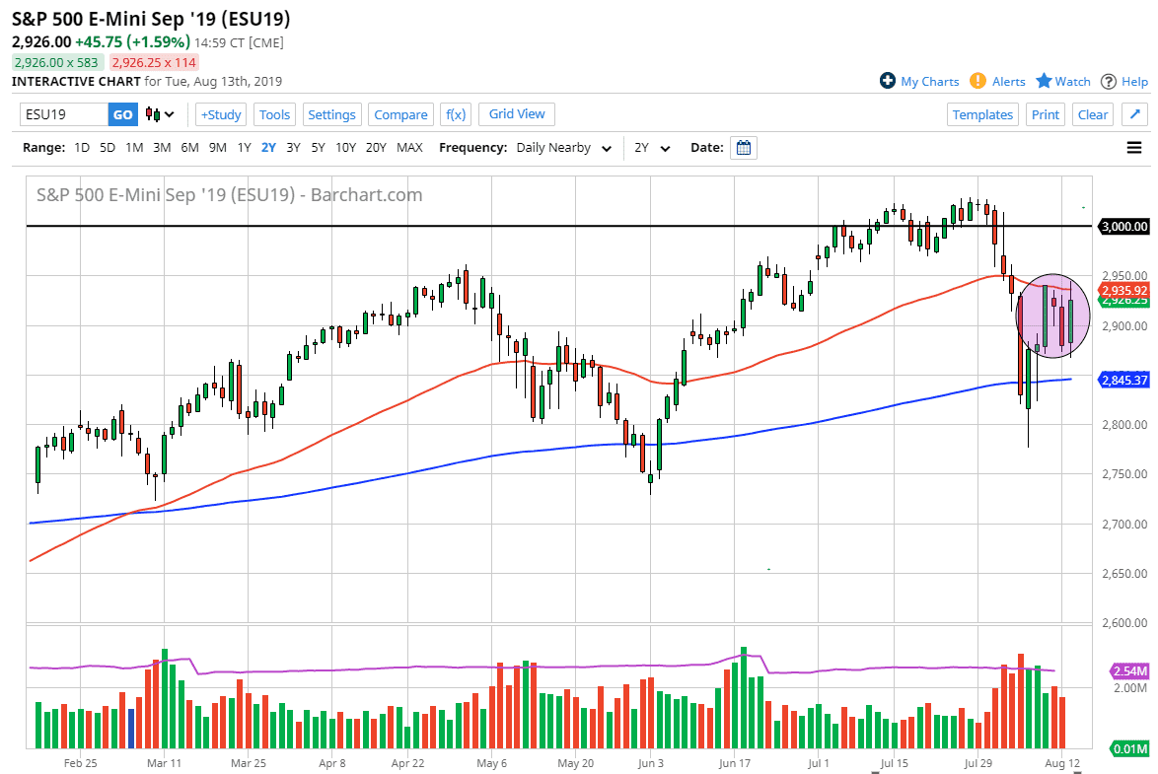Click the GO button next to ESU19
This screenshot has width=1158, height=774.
[122, 114]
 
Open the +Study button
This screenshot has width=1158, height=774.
[221, 114]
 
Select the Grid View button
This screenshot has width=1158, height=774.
[517, 114]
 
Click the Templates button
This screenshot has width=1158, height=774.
[982, 114]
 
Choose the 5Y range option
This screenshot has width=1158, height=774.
[318, 148]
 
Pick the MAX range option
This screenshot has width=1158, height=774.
[409, 148]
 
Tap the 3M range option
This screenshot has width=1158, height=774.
[162, 148]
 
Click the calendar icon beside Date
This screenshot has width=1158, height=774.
[745, 148]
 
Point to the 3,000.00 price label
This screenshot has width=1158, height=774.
[1125, 226]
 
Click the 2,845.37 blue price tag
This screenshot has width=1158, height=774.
[1124, 380]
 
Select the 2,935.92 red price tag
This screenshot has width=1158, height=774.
[1124, 291]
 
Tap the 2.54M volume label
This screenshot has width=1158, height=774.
[1130, 671]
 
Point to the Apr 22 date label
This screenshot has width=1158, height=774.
[408, 763]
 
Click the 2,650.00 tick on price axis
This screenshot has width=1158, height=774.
[1124, 573]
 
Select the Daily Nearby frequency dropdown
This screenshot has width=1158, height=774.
[561, 148]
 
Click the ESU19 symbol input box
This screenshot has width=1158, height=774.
[64, 114]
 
